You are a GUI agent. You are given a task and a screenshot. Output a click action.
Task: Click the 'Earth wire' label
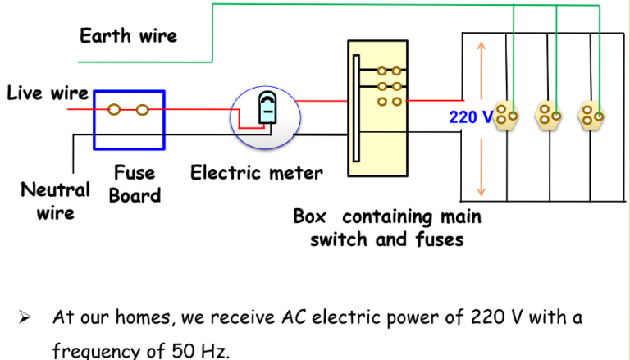click(x=128, y=36)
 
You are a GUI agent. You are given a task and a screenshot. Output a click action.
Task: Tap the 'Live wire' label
click(x=47, y=93)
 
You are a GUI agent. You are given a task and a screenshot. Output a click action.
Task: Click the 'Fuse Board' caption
click(x=135, y=185)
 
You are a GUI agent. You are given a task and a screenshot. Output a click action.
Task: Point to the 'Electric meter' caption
click(x=256, y=173)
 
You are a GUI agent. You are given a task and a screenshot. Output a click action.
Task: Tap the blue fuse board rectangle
click(x=129, y=120)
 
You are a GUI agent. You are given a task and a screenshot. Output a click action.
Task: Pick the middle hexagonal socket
click(x=547, y=116)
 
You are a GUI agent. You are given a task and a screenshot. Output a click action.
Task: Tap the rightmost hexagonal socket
click(x=591, y=116)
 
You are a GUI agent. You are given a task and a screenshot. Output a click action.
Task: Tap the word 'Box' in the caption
click(x=309, y=217)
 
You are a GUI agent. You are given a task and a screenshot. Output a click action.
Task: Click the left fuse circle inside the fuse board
click(x=115, y=108)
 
